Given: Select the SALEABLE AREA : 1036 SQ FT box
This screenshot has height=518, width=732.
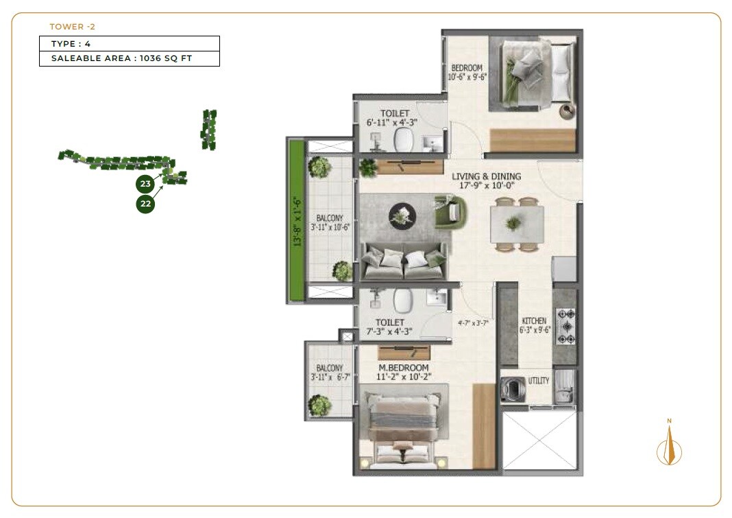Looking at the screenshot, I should pyautogui.click(x=129, y=58).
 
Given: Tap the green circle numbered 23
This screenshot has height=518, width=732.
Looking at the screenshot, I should pyautogui.click(x=145, y=184).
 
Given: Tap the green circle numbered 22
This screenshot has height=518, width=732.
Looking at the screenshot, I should pyautogui.click(x=145, y=204).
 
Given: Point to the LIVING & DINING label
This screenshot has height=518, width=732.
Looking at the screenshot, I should pyautogui.click(x=486, y=176).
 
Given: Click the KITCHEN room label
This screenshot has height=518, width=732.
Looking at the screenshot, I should pyautogui.click(x=534, y=320).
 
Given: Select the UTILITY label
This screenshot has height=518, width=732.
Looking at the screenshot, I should pyautogui.click(x=538, y=380).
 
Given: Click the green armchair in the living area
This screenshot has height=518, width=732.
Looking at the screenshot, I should pyautogui.click(x=450, y=211).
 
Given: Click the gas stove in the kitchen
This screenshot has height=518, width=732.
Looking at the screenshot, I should pyautogui.click(x=565, y=327).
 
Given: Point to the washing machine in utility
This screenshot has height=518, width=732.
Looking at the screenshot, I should pyautogui.click(x=513, y=390).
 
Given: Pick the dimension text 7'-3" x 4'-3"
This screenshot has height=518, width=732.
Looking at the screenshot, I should pyautogui.click(x=390, y=332).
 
